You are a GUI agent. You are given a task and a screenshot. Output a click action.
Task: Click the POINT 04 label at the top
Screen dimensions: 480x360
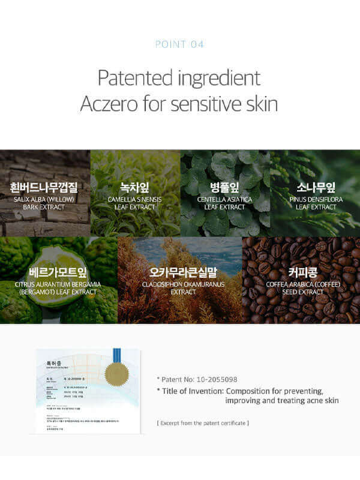pos(179,44)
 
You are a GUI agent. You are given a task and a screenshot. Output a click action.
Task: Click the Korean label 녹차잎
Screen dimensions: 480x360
pos(135,187)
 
